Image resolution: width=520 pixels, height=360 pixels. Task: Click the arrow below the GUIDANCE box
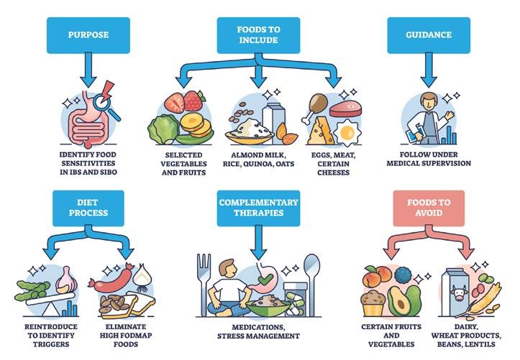click(x=429, y=72)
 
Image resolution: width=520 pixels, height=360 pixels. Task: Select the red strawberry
click(x=193, y=100)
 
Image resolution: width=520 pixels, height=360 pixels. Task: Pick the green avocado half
click(x=403, y=297)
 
